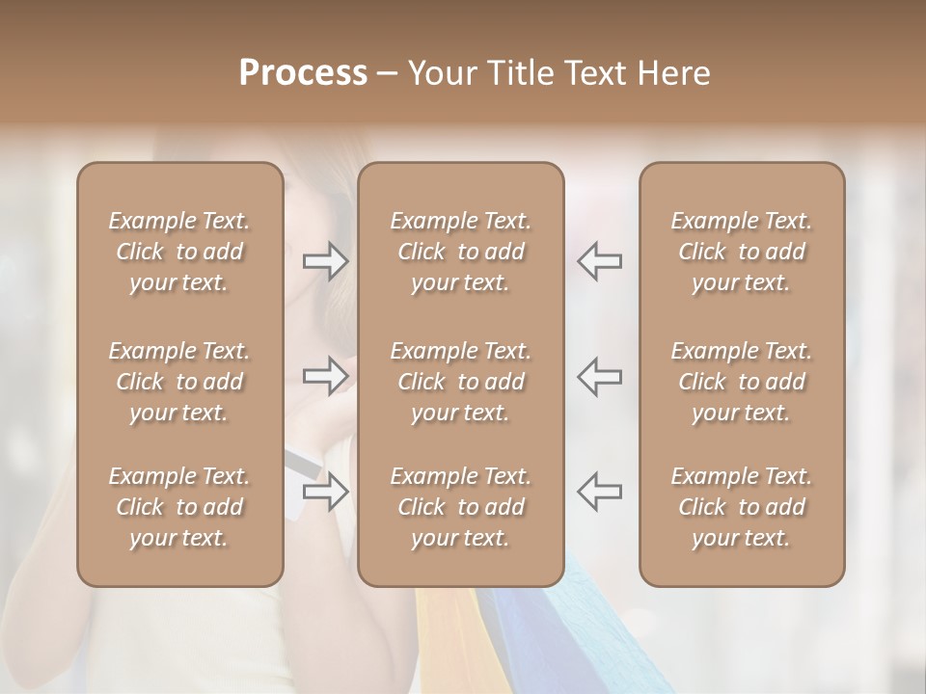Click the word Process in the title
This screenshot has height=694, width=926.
pyautogui.click(x=303, y=73)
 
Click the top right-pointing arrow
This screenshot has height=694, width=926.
pyautogui.click(x=326, y=261)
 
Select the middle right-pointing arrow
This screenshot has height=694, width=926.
pyautogui.click(x=326, y=375)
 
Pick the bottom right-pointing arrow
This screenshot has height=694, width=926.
pyautogui.click(x=326, y=492)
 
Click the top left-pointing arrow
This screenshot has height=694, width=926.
pyautogui.click(x=599, y=261)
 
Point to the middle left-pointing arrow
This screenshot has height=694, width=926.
pyautogui.click(x=599, y=375)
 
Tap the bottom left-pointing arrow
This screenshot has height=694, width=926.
pyautogui.click(x=599, y=492)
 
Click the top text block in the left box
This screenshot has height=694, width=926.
pyautogui.click(x=179, y=252)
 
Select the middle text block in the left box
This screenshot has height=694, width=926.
pyautogui.click(x=179, y=382)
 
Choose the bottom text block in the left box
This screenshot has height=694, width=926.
pyautogui.click(x=179, y=507)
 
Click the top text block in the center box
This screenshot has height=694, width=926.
pyautogui.click(x=460, y=252)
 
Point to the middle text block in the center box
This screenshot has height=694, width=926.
pyautogui.click(x=460, y=382)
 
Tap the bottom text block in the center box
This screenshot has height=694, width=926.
pyautogui.click(x=460, y=507)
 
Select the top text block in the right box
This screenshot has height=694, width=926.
pyautogui.click(x=741, y=252)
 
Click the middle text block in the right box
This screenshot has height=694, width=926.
pyautogui.click(x=741, y=382)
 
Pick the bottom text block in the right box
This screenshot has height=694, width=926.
pyautogui.click(x=741, y=507)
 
